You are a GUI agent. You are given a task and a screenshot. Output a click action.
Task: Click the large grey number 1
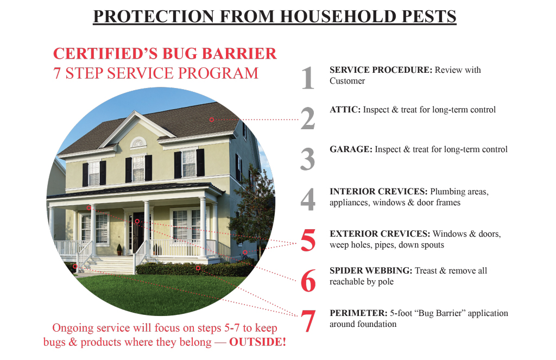pos(308,78)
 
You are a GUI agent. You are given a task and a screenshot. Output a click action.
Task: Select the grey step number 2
pos(308,118)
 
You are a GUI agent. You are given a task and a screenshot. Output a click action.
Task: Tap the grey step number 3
pos(308,159)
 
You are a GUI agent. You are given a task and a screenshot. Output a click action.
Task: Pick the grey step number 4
pos(308,199)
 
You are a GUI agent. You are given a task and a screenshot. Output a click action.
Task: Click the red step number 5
pos(308,240)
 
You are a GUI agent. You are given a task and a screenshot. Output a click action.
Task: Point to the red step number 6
pos(308,280)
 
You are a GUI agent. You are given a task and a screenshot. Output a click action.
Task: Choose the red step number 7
pos(308,321)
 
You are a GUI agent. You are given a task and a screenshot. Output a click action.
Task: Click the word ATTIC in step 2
pos(345,110)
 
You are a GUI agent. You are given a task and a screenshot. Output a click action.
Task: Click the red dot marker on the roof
pos(211,119)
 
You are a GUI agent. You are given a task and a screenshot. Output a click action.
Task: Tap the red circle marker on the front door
pos(137,222)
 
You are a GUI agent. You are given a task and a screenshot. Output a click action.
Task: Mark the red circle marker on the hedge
pos(198,268)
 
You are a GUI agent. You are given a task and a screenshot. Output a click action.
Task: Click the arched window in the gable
pos(138,143)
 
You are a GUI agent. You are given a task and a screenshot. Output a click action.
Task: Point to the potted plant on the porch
pos(119,250)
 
